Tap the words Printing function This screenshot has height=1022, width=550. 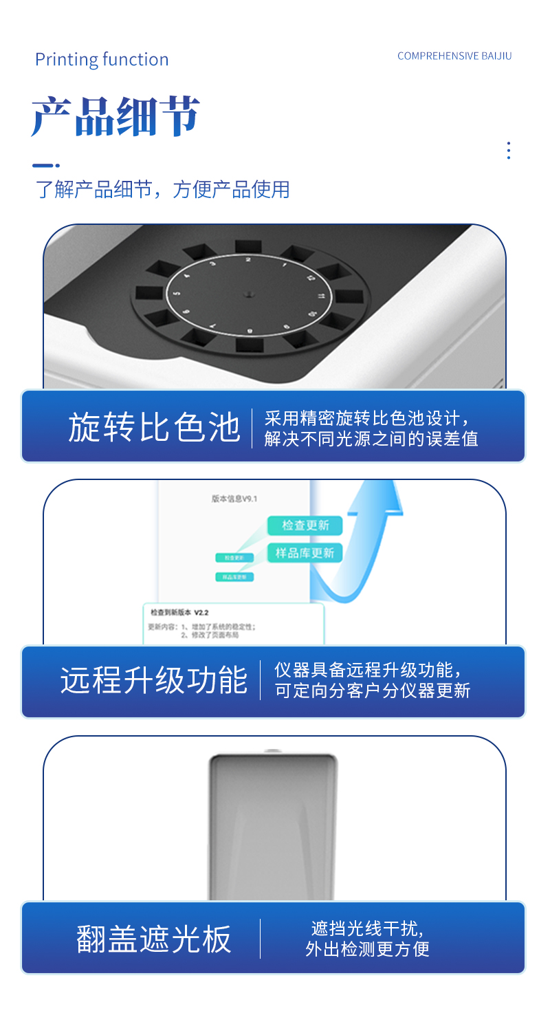(x=102, y=60)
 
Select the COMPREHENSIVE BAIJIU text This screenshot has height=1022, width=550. (x=454, y=56)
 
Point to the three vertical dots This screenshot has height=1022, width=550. (x=508, y=151)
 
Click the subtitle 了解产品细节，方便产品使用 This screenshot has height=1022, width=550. (x=163, y=189)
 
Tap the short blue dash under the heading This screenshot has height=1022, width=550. (x=43, y=166)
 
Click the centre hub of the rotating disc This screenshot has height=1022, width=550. (x=247, y=294)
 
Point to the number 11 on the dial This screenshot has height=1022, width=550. (x=321, y=296)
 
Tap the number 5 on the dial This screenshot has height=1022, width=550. (x=177, y=294)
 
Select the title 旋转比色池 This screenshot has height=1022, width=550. (x=154, y=427)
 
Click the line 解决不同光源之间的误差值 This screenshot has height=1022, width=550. (x=371, y=439)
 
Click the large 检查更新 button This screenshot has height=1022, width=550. (x=305, y=525)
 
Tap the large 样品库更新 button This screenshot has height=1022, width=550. (x=305, y=553)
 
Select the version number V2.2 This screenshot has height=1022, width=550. (x=201, y=612)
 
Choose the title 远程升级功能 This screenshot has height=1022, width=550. (x=154, y=681)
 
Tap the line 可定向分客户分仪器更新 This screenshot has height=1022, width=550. (x=373, y=691)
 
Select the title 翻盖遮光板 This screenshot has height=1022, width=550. (x=154, y=939)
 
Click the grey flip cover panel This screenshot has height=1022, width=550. (x=273, y=825)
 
